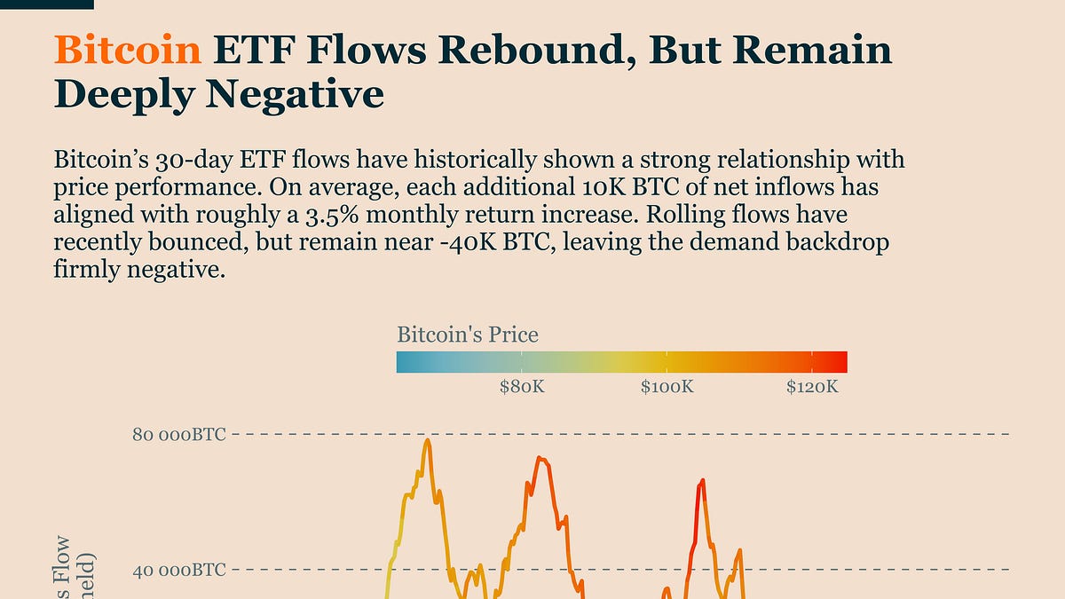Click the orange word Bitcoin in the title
[127, 51]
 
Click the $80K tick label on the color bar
[522, 388]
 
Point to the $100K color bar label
[667, 388]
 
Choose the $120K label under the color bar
[812, 388]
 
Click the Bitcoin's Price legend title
[467, 335]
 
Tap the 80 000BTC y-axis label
[178, 435]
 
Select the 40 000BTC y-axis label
[178, 570]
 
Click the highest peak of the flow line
[428, 441]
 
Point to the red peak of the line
[702, 481]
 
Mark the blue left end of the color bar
[402, 362]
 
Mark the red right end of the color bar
[842, 362]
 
